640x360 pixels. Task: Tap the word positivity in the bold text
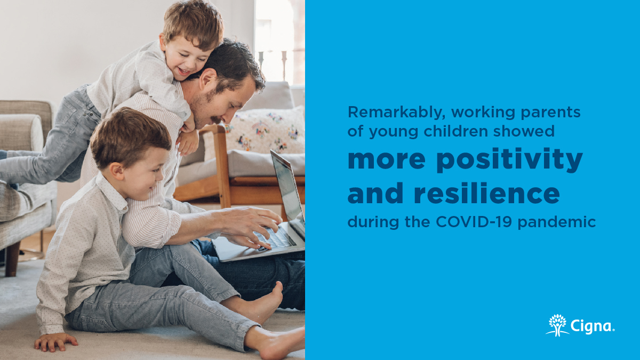pyautogui.click(x=511, y=161)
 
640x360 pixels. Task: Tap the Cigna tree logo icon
pyautogui.click(x=557, y=325)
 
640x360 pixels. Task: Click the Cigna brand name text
pyautogui.click(x=592, y=326)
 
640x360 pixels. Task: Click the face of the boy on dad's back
pyautogui.click(x=184, y=53)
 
